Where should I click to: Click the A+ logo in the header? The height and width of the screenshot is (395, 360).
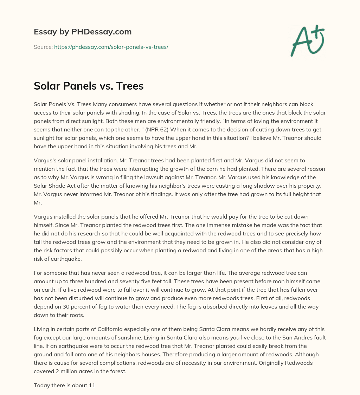[x=307, y=41]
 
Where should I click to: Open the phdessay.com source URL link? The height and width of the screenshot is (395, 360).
[x=111, y=47]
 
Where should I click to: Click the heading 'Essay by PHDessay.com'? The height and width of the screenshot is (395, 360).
[x=83, y=32]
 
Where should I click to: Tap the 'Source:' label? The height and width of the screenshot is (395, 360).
[x=43, y=47]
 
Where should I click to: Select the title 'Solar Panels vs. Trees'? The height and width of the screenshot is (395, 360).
[x=89, y=86]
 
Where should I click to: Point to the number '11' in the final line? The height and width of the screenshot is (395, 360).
[x=92, y=385]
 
